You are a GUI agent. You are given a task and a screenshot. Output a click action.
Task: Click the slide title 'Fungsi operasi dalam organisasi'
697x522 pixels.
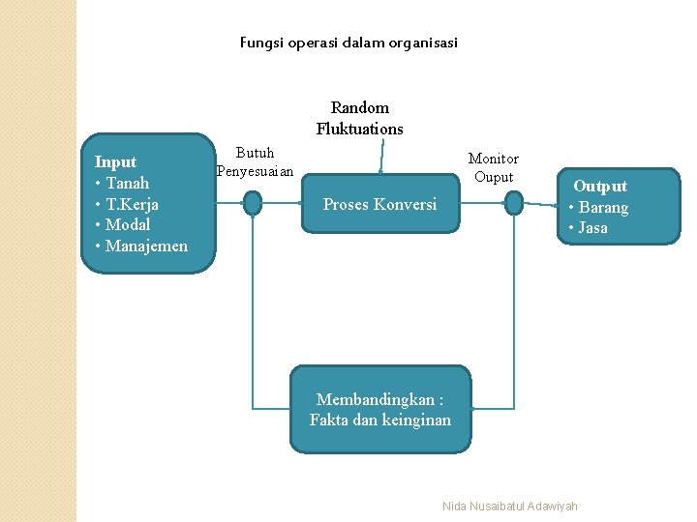(348, 43)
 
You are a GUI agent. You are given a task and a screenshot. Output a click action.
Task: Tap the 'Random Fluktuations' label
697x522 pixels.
(359, 118)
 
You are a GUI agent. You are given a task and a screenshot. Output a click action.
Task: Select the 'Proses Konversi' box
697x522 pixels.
(379, 204)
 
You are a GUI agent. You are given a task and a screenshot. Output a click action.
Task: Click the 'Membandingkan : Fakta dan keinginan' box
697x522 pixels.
(380, 409)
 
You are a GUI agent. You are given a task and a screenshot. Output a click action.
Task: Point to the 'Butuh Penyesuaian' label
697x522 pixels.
(255, 161)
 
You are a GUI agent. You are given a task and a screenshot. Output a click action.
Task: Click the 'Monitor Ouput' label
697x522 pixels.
(493, 167)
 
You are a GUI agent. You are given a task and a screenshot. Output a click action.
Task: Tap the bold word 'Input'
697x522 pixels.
(115, 161)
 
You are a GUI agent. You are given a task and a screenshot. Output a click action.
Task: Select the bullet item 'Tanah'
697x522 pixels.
(127, 183)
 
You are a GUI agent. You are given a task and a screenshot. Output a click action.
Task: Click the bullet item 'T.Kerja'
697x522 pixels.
(132, 204)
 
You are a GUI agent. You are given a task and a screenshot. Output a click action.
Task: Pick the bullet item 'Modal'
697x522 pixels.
(128, 224)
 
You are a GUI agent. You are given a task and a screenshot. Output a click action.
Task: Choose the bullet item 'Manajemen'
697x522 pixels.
(146, 246)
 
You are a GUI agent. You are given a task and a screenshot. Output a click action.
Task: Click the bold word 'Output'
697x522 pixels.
(600, 186)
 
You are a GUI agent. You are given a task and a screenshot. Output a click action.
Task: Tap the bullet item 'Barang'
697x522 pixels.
(603, 207)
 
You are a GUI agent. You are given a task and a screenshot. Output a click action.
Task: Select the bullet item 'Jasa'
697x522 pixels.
(592, 227)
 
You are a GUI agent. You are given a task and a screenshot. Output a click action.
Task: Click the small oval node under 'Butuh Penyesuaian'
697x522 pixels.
(253, 203)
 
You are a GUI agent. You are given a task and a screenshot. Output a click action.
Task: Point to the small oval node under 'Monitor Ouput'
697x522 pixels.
(514, 202)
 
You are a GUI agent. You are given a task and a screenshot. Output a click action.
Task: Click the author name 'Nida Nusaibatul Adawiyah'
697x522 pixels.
(509, 507)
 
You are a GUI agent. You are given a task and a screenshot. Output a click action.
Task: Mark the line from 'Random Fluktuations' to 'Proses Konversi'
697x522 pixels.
(382, 158)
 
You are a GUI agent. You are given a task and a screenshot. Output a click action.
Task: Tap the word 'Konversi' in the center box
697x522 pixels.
(405, 204)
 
